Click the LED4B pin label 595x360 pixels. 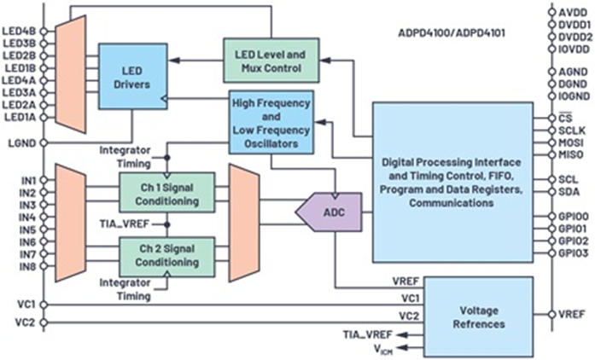click(x=20, y=32)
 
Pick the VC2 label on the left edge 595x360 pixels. click(x=23, y=322)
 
